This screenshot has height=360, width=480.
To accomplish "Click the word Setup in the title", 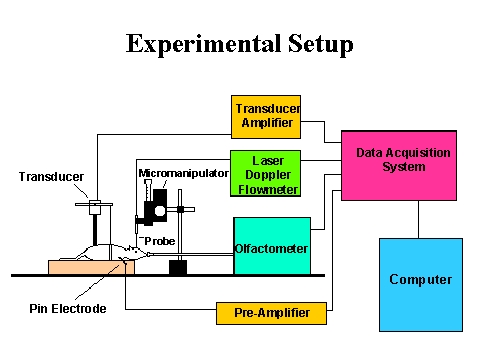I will click(x=319, y=45).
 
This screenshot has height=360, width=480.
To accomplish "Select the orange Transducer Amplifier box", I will click(x=266, y=116).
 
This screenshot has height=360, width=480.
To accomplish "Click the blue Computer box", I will click(x=420, y=284).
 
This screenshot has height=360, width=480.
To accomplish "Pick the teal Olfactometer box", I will click(x=271, y=245).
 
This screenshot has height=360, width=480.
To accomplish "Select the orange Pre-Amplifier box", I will click(x=271, y=313).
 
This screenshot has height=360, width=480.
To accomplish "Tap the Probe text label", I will click(x=159, y=241).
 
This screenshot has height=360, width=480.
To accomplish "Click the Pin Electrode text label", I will click(x=67, y=309).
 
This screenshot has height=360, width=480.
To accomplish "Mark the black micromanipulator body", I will click(x=155, y=210).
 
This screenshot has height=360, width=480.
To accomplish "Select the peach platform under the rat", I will click(x=85, y=267).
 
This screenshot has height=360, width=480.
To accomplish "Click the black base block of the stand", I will click(x=178, y=267).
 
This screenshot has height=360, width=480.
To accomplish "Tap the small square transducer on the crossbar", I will click(x=96, y=208).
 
